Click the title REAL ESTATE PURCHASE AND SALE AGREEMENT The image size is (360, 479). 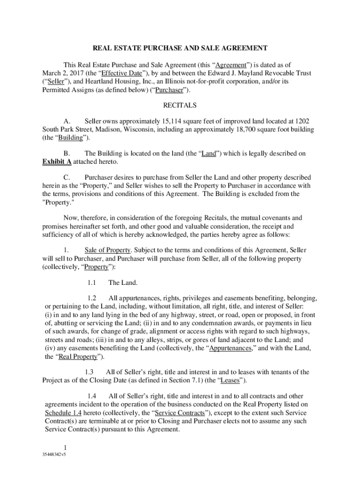click(180, 48)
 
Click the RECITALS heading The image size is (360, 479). click(180, 105)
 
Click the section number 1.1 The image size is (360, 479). click(91, 283)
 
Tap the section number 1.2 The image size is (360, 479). click(91, 298)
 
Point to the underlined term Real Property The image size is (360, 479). click(78, 356)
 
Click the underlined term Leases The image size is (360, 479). click(230, 380)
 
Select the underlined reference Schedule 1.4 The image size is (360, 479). click(63, 413)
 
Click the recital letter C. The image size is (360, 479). click(66, 177)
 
